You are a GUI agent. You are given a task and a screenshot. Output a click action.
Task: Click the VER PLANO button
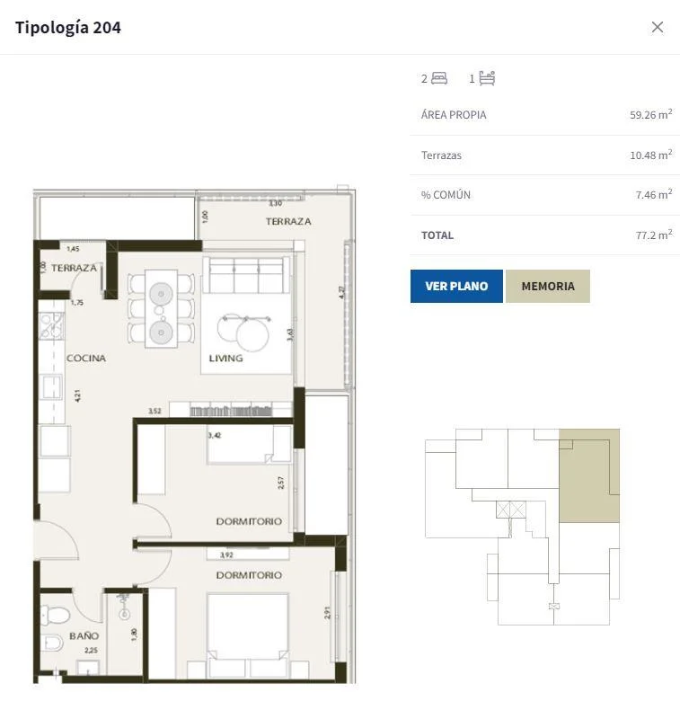point(456,286)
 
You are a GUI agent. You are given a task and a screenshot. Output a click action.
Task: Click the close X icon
point(658,27)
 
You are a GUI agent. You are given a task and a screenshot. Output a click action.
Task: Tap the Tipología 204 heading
point(68,28)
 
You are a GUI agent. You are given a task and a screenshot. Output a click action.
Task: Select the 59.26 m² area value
point(651,114)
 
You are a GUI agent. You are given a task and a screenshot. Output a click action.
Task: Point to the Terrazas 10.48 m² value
point(651,155)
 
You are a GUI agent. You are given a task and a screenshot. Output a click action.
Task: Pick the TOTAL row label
point(437,235)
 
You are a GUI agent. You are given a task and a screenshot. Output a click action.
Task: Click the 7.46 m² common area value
point(654,194)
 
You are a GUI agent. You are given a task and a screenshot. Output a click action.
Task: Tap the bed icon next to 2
point(439,78)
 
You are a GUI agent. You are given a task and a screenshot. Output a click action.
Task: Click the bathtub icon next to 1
point(487,78)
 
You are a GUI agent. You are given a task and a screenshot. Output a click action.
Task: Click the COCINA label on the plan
point(86,358)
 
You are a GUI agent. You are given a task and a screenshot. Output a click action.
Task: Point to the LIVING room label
point(226,358)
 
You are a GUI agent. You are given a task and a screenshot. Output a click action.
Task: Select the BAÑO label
point(84,635)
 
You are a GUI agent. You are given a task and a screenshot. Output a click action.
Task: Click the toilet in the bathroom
point(55,615)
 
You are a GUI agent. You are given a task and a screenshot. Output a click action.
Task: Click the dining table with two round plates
point(161,308)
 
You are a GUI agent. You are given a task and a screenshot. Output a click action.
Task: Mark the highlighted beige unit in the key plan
point(589,475)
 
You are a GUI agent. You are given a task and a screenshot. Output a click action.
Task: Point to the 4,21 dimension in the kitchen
point(78,395)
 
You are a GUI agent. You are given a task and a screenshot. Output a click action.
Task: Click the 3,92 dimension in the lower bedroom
point(226,555)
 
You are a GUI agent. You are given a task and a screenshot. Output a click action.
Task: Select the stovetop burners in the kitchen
point(51,325)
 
